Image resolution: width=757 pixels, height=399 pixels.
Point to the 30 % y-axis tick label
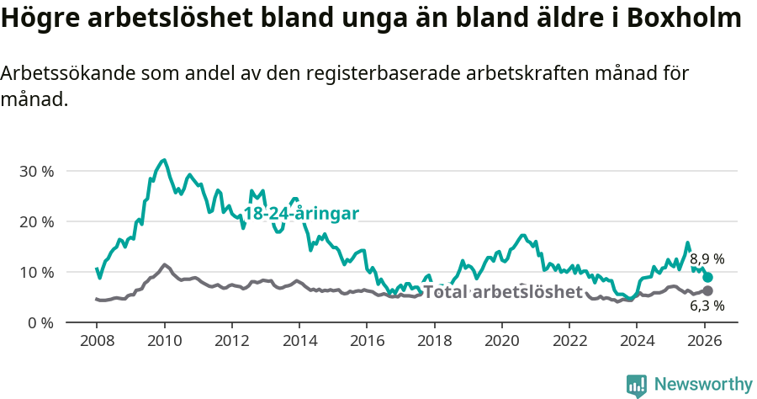pyautogui.click(x=36, y=171)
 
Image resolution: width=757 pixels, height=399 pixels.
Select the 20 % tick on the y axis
pyautogui.click(x=36, y=221)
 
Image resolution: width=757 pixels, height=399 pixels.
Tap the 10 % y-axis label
pyautogui.click(x=36, y=272)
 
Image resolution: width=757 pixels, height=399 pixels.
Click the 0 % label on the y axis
pyautogui.click(x=40, y=322)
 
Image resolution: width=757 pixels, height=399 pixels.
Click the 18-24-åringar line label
pyautogui.click(x=301, y=214)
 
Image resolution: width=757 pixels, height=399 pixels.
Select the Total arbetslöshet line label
pyautogui.click(x=502, y=292)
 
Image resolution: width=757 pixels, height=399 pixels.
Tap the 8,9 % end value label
pyautogui.click(x=707, y=259)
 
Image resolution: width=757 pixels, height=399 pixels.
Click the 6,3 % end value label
pyautogui.click(x=707, y=306)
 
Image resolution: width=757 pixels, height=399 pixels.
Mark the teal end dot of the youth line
pyautogui.click(x=708, y=277)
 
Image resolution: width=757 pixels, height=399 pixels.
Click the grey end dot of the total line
pyautogui.click(x=708, y=290)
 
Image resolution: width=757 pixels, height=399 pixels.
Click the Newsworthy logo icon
pyautogui.click(x=637, y=386)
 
